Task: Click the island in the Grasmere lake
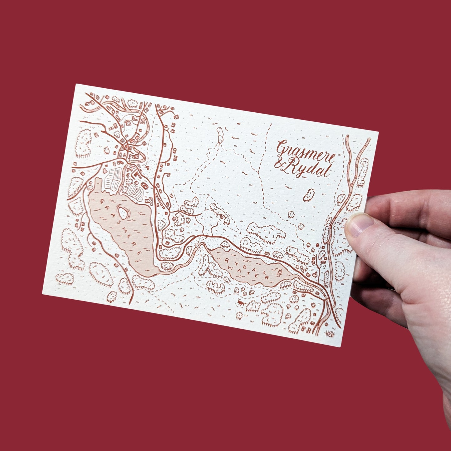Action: coord(123,213)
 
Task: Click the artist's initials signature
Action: coord(329,334)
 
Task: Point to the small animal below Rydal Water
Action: coord(240,302)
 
